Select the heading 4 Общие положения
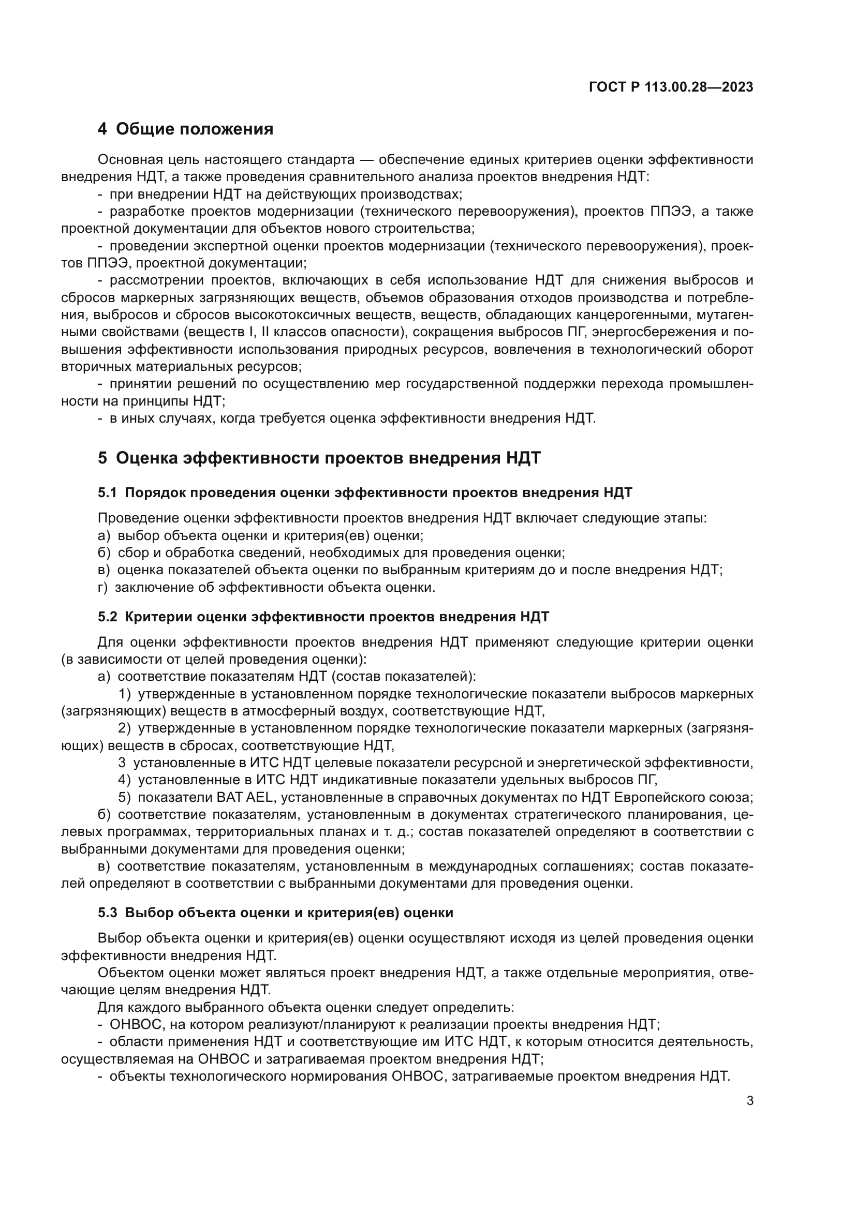click(x=186, y=129)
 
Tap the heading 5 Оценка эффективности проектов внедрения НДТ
click(x=319, y=458)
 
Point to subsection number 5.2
click(x=107, y=617)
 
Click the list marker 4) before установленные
click(x=124, y=780)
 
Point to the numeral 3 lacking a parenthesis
click(x=122, y=763)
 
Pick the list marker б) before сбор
click(x=104, y=553)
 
